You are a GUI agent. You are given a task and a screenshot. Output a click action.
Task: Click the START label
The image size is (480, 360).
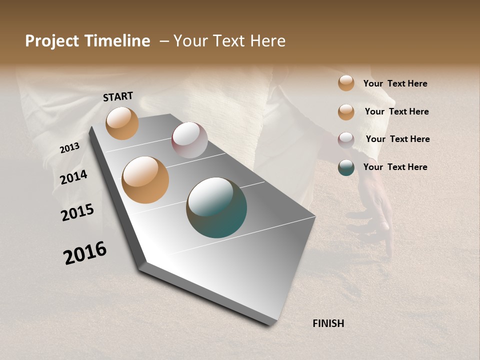(118, 96)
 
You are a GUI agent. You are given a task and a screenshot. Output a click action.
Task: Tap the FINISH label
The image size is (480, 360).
(328, 323)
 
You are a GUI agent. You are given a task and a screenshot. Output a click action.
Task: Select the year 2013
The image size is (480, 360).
(70, 148)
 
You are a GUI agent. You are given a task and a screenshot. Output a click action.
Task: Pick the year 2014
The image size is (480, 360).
(74, 177)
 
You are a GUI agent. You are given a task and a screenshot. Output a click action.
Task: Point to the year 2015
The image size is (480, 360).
(77, 212)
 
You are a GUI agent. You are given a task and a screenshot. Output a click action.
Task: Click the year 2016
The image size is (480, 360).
(85, 253)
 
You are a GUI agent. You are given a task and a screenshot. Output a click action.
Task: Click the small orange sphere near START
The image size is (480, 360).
(122, 123)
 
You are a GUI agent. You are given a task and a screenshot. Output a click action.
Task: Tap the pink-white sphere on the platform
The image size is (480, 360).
(189, 140)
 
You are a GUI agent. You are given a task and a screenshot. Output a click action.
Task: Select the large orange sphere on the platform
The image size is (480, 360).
(145, 180)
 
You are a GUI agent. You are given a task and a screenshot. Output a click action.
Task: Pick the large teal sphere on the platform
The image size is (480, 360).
(216, 207)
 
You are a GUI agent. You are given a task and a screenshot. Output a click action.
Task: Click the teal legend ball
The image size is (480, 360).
(346, 167)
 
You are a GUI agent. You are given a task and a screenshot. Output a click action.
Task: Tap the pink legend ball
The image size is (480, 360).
(346, 140)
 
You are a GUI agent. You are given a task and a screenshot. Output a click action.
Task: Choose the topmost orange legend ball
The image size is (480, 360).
(346, 83)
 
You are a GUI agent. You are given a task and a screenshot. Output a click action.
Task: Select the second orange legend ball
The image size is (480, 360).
(346, 112)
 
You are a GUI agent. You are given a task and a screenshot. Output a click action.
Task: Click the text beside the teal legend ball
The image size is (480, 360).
(395, 167)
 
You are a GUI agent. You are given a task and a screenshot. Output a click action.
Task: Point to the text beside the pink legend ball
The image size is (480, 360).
(397, 139)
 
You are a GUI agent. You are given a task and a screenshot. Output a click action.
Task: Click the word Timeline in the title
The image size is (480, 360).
(116, 41)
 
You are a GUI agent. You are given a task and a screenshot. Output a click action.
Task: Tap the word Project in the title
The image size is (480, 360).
(52, 41)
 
